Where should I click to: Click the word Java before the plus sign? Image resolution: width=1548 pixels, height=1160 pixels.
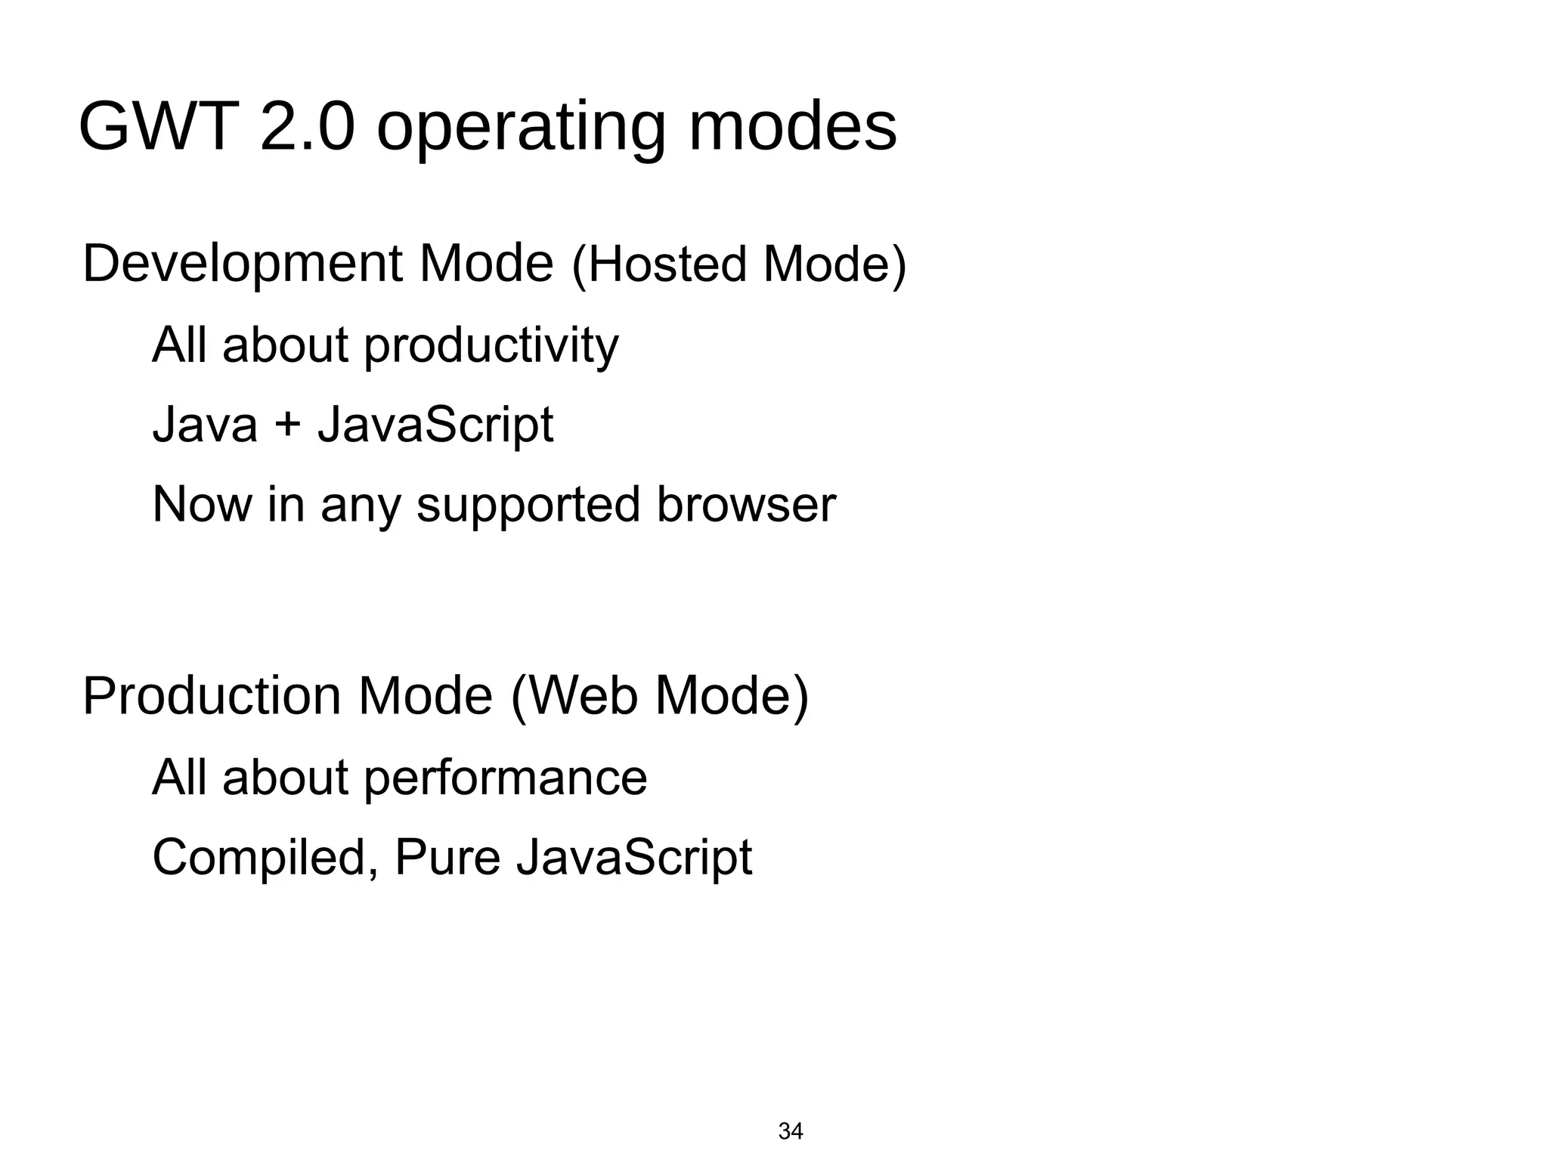(x=205, y=425)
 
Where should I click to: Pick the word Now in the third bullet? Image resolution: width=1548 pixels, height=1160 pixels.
(x=202, y=505)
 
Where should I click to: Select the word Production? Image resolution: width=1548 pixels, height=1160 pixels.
(x=212, y=696)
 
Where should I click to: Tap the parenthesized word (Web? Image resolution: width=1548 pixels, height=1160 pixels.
(x=574, y=696)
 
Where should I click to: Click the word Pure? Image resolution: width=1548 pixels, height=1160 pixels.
(x=447, y=858)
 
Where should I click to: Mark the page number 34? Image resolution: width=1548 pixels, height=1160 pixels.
(x=791, y=1131)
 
